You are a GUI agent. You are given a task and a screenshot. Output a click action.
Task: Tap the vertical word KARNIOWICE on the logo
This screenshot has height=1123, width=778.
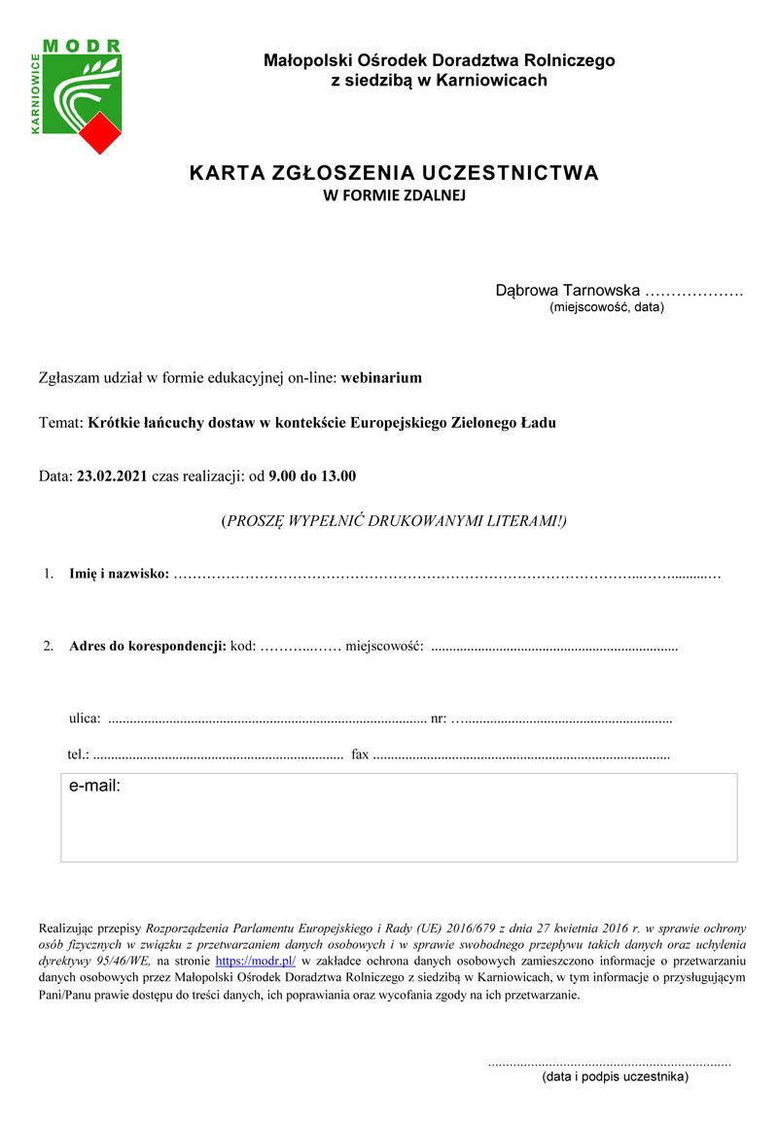tap(36, 93)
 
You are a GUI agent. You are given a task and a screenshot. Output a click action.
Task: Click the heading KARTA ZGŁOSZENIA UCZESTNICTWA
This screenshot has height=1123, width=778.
tap(394, 174)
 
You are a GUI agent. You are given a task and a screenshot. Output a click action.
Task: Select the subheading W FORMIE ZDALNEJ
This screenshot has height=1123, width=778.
tap(395, 195)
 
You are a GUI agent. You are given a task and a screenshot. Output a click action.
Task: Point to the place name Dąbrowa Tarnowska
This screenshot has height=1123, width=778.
tap(568, 290)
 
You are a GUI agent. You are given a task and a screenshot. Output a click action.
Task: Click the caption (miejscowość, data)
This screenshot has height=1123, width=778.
tap(607, 307)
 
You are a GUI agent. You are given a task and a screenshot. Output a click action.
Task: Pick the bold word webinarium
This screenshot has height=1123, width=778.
tap(381, 377)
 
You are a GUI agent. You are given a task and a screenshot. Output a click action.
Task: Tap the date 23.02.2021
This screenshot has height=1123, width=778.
tap(112, 476)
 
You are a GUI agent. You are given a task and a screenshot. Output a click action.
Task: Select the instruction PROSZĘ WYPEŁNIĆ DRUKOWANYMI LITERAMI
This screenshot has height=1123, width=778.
tap(394, 520)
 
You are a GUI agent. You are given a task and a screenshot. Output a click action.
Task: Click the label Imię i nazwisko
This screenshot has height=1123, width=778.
tap(119, 575)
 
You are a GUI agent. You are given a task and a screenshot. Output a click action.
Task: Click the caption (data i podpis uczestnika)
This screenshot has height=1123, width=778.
tap(615, 1077)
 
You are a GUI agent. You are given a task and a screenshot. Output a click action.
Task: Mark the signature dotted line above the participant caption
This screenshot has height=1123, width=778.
tap(609, 1064)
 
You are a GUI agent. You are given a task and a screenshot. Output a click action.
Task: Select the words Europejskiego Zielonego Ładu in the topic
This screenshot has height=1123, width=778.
tap(453, 423)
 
